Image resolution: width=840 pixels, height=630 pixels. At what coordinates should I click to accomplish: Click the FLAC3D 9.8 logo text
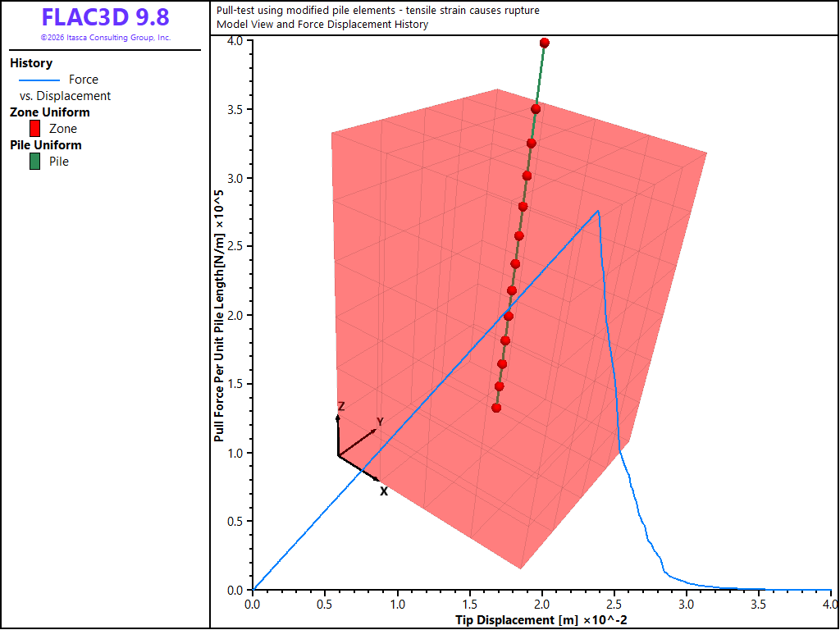coord(106,17)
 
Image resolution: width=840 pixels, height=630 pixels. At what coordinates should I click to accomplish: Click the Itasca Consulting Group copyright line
coord(106,38)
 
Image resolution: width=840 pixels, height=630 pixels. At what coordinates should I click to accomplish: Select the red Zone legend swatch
coord(34,129)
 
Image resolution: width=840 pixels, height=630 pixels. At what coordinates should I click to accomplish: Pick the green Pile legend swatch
coord(34,162)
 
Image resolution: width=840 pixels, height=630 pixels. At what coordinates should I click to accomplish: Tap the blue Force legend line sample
coord(39,80)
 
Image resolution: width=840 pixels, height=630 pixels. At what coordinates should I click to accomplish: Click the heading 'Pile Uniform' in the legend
coord(46,145)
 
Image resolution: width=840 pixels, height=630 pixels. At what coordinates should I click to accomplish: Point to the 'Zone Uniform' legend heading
coord(50,112)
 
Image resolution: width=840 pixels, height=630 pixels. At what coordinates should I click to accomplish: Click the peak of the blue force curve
coord(598,211)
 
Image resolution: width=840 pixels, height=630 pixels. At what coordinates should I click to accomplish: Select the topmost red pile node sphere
coord(545,43)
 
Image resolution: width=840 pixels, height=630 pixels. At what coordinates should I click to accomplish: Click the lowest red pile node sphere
coord(496,409)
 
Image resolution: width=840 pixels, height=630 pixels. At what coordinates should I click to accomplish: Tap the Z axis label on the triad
coord(340,407)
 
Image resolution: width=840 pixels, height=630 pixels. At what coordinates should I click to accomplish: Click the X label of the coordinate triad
coord(384,491)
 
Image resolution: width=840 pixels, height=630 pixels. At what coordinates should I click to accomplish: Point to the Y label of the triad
coord(380,422)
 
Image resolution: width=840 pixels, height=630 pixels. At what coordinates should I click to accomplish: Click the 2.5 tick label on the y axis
coord(235,246)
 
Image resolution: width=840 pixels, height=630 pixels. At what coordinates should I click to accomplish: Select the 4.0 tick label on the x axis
coord(831,605)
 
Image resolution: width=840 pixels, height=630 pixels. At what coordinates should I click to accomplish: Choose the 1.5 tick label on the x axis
coord(470,605)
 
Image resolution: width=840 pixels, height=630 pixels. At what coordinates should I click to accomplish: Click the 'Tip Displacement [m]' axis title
coord(516,620)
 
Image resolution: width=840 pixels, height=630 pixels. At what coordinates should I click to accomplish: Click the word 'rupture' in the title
coord(521,11)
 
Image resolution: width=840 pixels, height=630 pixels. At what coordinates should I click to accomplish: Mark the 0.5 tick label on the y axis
coord(235,521)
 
